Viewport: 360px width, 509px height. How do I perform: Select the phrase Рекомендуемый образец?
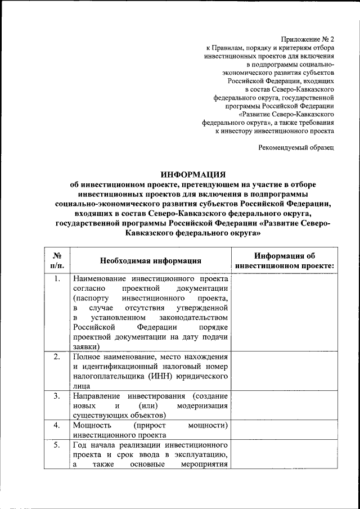coord(296,147)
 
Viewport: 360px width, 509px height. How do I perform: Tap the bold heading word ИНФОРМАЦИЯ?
coord(193,175)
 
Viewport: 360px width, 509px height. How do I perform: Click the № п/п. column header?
coord(57,260)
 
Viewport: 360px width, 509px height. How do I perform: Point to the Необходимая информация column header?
coord(151,260)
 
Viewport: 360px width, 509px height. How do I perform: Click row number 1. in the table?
coord(57,278)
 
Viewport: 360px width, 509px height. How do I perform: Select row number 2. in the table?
coord(57,357)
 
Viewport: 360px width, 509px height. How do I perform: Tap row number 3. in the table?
coord(57,396)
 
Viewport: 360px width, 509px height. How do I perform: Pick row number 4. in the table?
coord(57,425)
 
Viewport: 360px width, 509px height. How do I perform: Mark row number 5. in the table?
coord(57,445)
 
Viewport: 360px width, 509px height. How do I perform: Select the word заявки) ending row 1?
coord(86,347)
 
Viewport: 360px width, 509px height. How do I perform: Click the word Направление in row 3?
coord(96,396)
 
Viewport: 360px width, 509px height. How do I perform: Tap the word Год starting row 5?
coord(80,445)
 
